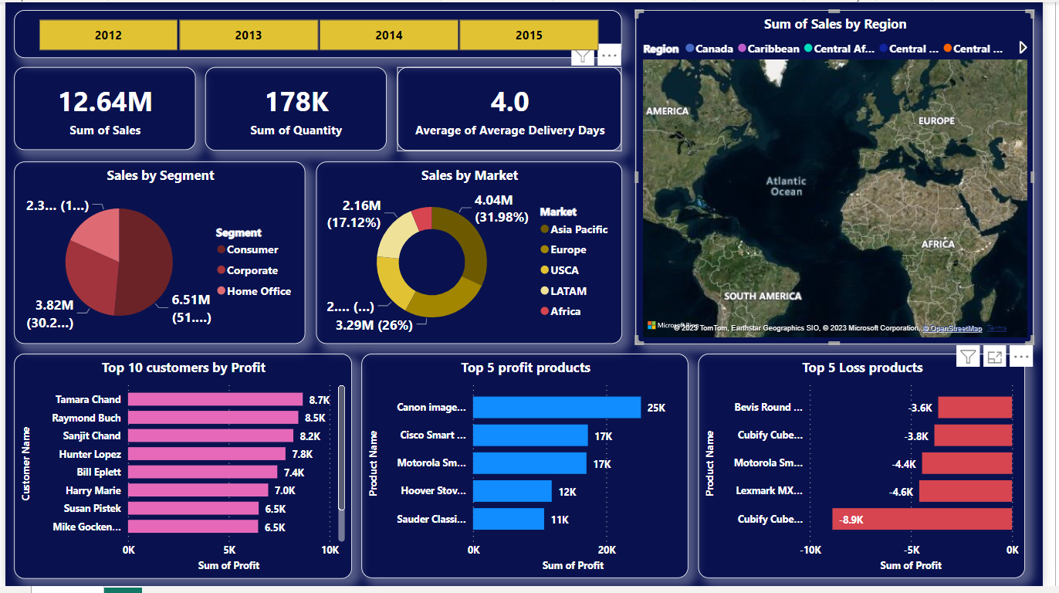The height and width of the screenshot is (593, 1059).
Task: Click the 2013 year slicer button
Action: pyautogui.click(x=249, y=35)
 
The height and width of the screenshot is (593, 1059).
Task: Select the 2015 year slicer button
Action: pyautogui.click(x=529, y=35)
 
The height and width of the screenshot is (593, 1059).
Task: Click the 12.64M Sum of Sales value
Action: pyautogui.click(x=105, y=102)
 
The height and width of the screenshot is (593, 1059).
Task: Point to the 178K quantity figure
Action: pyautogui.click(x=296, y=102)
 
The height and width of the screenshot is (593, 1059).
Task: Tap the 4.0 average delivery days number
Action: pyautogui.click(x=509, y=102)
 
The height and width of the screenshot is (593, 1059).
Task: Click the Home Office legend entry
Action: pyautogui.click(x=259, y=291)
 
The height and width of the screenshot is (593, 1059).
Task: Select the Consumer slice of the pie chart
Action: pyautogui.click(x=147, y=263)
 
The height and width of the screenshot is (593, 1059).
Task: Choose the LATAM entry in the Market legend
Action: pyautogui.click(x=568, y=291)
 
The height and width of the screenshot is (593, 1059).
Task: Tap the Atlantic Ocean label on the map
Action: pyautogui.click(x=786, y=186)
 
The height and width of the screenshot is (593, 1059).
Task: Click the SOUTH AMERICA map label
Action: pyautogui.click(x=762, y=296)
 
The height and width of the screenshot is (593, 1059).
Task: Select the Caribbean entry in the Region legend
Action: pyautogui.click(x=773, y=49)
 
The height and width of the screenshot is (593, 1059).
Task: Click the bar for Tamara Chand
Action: pyautogui.click(x=215, y=399)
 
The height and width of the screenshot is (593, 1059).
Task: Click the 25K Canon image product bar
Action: pyautogui.click(x=557, y=407)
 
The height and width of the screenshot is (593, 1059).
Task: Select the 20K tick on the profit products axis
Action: pyautogui.click(x=607, y=550)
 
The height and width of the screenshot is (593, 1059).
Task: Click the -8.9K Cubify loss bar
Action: pyautogui.click(x=922, y=519)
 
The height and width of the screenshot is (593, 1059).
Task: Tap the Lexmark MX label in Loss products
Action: pyautogui.click(x=769, y=491)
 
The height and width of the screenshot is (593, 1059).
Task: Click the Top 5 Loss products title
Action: pyautogui.click(x=862, y=368)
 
